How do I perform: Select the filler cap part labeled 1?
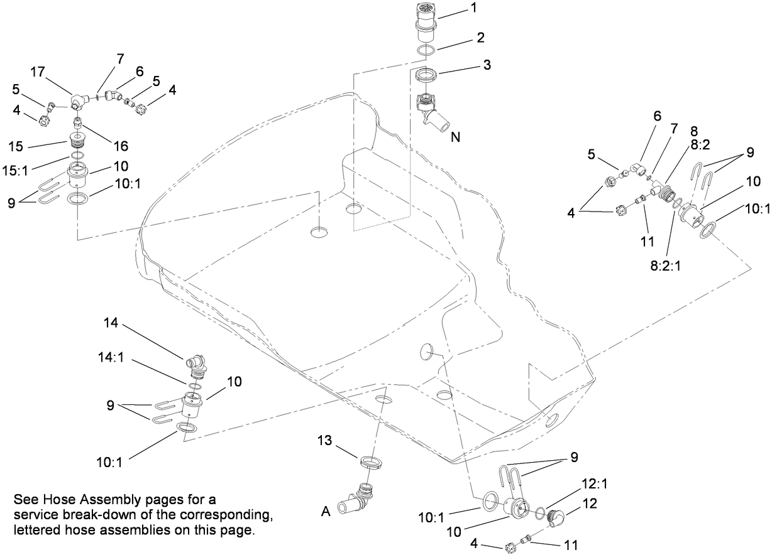tap(428, 19)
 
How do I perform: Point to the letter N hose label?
tap(456, 137)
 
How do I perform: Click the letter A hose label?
tap(326, 512)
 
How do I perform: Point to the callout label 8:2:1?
tap(665, 266)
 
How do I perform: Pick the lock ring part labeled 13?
tap(372, 463)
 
